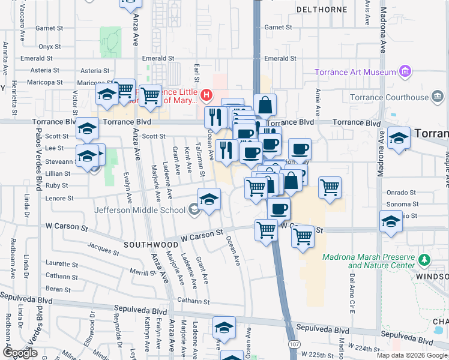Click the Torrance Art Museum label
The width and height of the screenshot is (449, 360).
[x=356, y=73]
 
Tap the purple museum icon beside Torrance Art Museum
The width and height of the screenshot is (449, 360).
[x=405, y=73]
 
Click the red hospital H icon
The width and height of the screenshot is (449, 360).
[x=206, y=94]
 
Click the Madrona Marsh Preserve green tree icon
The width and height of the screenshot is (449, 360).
[x=425, y=260]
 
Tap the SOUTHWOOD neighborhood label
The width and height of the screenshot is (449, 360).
[x=151, y=245]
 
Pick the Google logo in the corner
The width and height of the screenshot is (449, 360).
[x=21, y=352]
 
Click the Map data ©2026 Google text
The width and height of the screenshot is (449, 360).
[x=411, y=355]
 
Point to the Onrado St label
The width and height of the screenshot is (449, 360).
[x=401, y=193]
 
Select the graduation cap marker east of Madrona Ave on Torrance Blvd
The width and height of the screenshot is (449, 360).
[x=399, y=137]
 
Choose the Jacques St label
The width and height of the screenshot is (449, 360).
[x=100, y=246]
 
